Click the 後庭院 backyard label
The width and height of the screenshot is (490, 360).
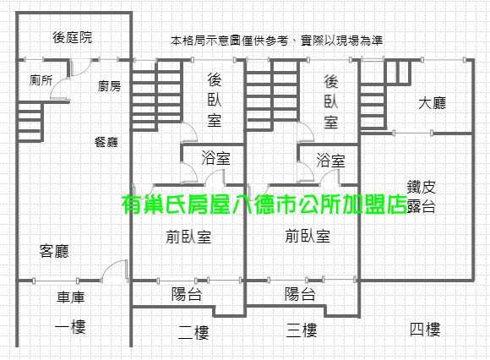tap(72, 37)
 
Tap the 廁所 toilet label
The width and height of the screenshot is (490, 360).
tap(41, 80)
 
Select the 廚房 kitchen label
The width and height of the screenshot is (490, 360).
tap(109, 86)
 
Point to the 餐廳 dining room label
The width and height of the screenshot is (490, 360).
tap(106, 142)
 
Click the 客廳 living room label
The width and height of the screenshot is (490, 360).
tap(54, 251)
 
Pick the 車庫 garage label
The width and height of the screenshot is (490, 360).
tap(71, 297)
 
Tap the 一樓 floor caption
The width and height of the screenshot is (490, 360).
tap(70, 327)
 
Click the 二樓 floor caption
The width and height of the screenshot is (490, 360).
tap(193, 332)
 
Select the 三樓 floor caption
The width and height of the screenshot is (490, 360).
tap(302, 330)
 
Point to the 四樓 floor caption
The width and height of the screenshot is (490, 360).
tap(425, 330)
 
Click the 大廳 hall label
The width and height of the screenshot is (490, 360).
tap(433, 103)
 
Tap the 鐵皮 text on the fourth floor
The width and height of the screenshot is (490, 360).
tap(422, 187)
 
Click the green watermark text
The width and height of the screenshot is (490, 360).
tap(264, 205)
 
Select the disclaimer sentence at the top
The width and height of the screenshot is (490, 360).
tap(276, 41)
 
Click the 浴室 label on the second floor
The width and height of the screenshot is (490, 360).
tap(216, 158)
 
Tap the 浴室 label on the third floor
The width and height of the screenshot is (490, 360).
tap(331, 161)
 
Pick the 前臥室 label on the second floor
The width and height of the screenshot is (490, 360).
tap(188, 237)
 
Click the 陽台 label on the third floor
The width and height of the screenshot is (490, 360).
tap(300, 294)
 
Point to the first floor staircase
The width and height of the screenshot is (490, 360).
tap(30, 122)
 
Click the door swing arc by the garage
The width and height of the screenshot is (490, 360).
tap(110, 266)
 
